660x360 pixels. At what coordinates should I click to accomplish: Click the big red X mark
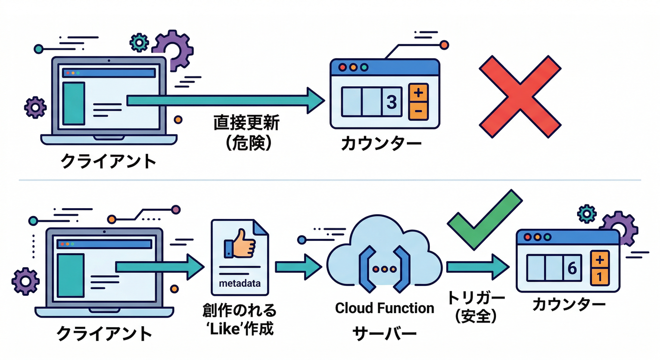520,97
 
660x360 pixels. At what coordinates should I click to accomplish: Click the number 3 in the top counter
392,101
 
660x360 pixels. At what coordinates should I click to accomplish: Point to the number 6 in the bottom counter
572,268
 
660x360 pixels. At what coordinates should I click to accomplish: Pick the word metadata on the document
240,284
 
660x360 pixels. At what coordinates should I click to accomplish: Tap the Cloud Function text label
384,308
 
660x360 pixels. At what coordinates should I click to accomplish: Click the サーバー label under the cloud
384,333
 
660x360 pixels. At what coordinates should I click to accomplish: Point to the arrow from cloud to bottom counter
477,267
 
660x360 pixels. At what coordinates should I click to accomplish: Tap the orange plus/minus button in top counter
418,102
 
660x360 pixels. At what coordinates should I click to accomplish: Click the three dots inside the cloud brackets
384,270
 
